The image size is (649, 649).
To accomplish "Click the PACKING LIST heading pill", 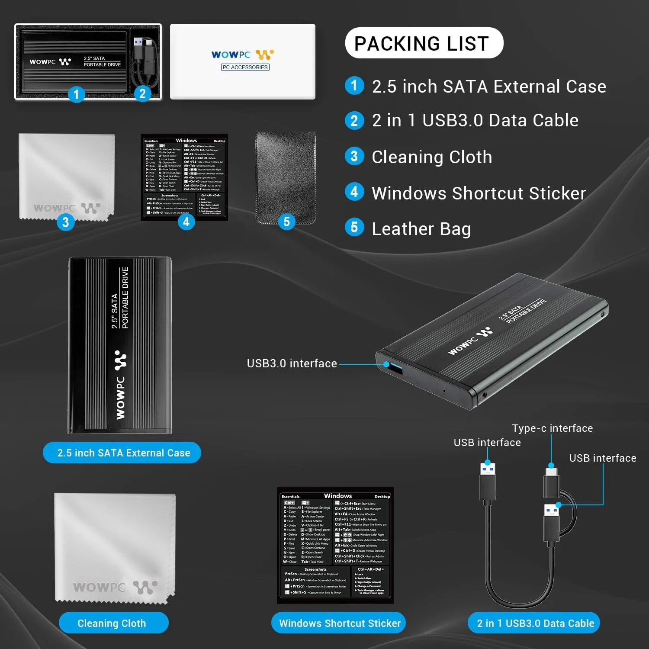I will pos(424,43).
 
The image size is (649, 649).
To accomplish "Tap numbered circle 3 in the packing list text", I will pos(354,156).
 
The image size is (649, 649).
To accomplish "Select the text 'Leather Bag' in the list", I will pos(421,229).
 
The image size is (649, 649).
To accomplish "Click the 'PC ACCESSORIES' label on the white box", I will pos(245,67).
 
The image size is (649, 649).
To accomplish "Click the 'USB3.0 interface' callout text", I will pos(292,363).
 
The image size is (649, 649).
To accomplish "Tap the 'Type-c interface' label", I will pos(552,428).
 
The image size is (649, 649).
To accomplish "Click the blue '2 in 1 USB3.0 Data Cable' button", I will pos(535,623).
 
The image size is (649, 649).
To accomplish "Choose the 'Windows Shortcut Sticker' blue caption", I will pos(340,623).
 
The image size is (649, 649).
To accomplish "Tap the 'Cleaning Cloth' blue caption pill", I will pos(112,623).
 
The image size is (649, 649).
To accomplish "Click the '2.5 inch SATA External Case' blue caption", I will pos(123,453).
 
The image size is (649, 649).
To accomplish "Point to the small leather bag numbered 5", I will pos(286,177).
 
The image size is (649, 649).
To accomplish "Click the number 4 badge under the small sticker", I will pos(186,222).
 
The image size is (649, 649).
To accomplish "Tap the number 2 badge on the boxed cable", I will pos(142,93).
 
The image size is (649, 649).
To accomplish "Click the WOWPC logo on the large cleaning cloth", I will pos(115,587).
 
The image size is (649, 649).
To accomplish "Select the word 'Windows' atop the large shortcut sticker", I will pos(337,496).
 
